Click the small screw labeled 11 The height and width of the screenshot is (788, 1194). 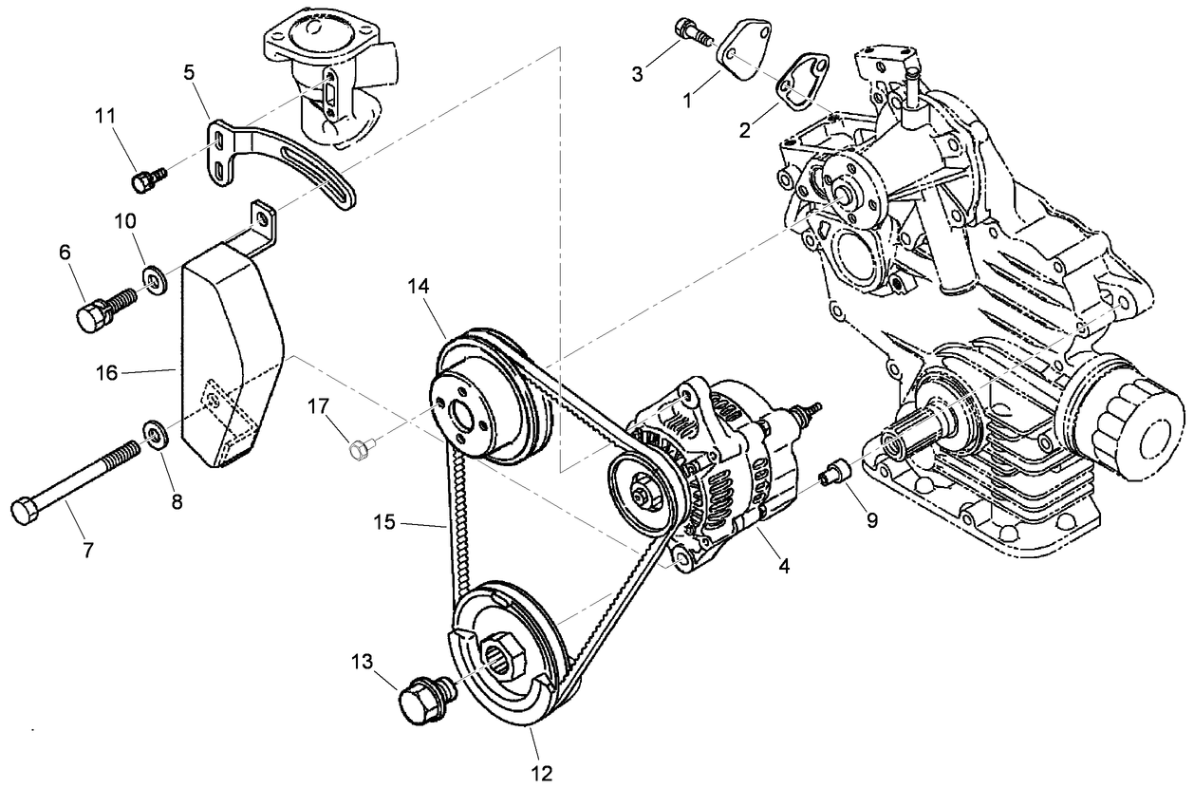pyautogui.click(x=148, y=178)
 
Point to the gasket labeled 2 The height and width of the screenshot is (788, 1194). pyautogui.click(x=803, y=81)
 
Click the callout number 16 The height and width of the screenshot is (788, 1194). pyautogui.click(x=106, y=373)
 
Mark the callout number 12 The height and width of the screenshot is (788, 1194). pyautogui.click(x=542, y=772)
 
